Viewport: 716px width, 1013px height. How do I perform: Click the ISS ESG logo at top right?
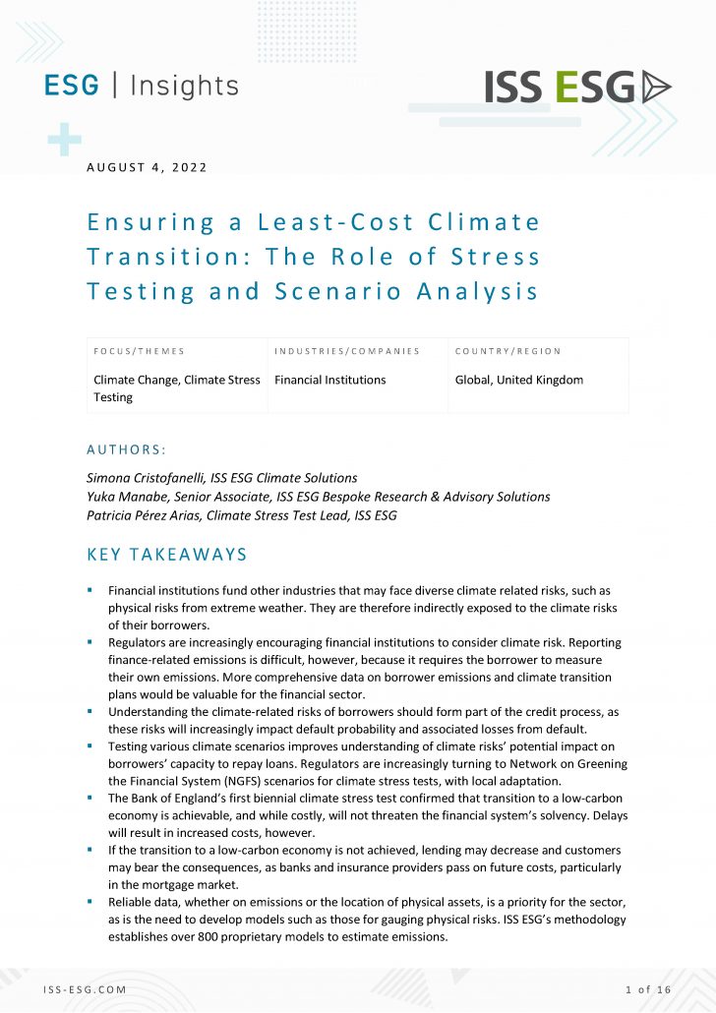click(577, 88)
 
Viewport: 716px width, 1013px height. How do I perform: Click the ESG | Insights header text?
click(142, 86)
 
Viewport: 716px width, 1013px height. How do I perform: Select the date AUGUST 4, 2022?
click(148, 167)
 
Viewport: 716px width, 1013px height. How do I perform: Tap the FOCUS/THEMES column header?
click(139, 351)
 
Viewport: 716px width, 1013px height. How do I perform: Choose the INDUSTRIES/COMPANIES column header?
click(347, 351)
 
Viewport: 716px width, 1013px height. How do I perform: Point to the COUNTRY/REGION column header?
click(507, 351)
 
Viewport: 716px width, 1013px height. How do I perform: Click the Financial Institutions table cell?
click(330, 380)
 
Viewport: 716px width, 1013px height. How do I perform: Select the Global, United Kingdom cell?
click(519, 380)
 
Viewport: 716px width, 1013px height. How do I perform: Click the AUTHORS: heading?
click(127, 449)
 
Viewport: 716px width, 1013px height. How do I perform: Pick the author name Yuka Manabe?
click(126, 497)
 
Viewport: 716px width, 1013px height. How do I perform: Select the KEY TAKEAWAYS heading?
click(167, 555)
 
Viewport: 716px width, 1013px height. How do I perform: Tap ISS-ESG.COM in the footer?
click(86, 988)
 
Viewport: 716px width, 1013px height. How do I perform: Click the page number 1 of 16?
click(647, 988)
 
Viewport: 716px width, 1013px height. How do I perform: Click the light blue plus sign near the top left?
click(64, 141)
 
